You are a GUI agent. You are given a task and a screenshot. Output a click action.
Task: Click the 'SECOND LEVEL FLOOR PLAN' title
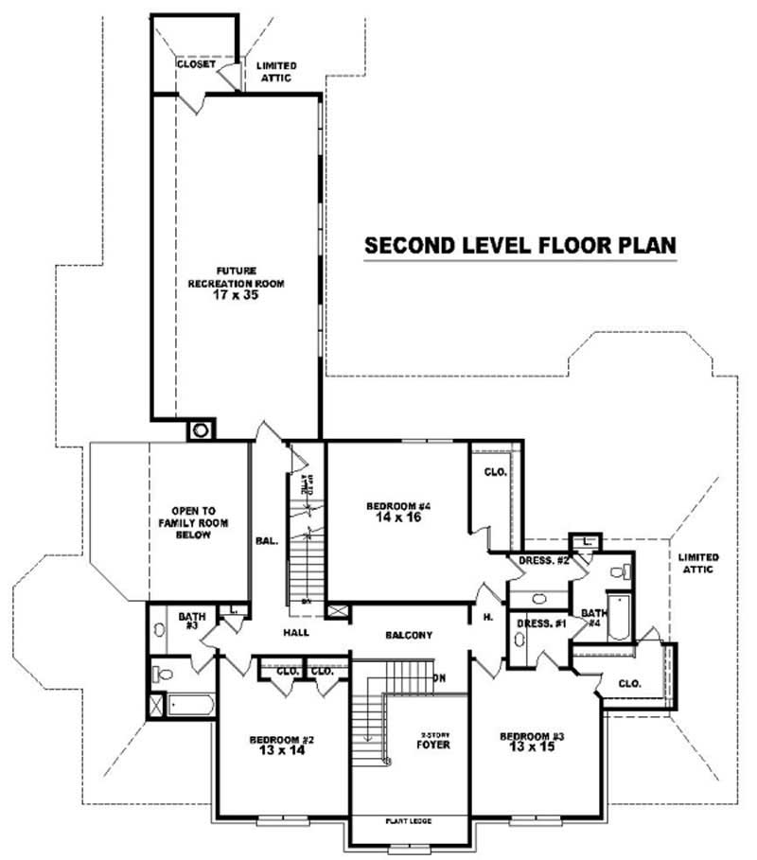coord(520,245)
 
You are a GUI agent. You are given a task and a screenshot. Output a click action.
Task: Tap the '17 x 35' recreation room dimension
coord(236,295)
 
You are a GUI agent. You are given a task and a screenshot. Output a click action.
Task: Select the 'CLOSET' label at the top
coord(196,64)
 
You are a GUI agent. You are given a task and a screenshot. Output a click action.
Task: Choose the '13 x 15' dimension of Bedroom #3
coord(527,747)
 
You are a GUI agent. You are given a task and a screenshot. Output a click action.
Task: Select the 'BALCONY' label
coord(409,635)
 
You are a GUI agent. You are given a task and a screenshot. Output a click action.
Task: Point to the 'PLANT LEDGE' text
coord(408,821)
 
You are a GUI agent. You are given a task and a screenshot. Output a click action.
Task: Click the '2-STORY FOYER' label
coord(434,739)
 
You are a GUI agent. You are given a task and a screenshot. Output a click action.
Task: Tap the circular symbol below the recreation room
coord(201,430)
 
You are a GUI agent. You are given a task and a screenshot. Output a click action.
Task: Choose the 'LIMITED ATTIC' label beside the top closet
coord(276,71)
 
